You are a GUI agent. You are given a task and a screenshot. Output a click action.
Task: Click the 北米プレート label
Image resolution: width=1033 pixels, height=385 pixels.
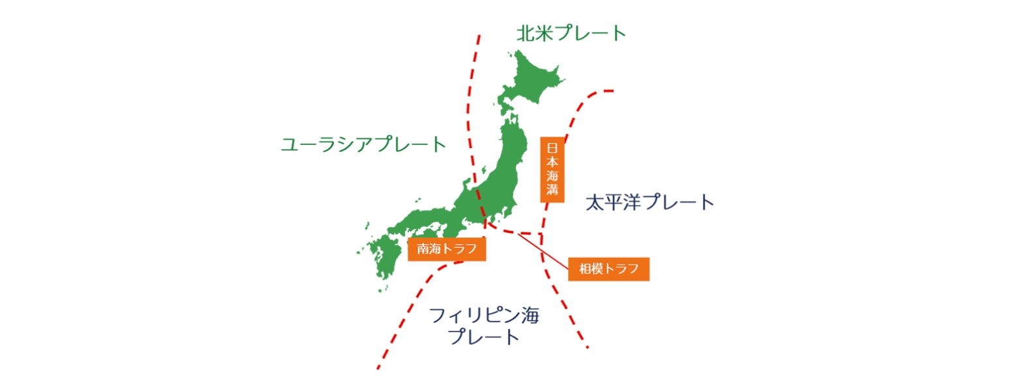point(571,33)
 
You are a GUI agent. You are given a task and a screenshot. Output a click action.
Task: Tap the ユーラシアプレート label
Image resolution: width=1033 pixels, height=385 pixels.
point(363,144)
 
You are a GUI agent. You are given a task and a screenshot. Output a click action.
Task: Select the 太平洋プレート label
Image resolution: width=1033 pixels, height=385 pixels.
point(649,202)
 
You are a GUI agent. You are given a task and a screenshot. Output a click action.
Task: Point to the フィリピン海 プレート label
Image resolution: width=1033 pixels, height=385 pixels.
point(484,326)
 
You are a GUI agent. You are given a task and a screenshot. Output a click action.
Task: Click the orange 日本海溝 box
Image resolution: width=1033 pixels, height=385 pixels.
point(552,170)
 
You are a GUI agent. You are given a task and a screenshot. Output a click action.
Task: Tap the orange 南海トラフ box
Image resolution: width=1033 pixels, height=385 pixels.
point(447,249)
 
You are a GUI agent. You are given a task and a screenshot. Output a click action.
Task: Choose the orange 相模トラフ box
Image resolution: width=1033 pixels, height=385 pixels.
point(608,269)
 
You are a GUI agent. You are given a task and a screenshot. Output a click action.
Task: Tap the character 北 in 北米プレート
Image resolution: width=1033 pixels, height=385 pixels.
point(526,33)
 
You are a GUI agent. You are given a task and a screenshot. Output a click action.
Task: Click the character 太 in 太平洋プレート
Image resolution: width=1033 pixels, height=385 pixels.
point(594,202)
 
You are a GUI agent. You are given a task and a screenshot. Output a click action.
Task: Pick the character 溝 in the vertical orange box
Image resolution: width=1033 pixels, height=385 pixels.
point(552,190)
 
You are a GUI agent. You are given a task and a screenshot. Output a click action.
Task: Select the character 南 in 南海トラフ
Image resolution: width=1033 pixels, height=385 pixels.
point(423,249)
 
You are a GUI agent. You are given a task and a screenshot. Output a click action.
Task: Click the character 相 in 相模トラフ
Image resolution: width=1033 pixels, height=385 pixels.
point(585,269)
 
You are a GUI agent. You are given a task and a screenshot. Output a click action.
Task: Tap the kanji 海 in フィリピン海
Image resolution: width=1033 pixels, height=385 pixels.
point(530,316)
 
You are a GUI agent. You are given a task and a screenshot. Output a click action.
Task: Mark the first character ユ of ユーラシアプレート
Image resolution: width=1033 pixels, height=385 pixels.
point(290,145)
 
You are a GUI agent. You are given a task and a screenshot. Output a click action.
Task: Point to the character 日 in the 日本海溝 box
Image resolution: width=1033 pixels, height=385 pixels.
point(552,147)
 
